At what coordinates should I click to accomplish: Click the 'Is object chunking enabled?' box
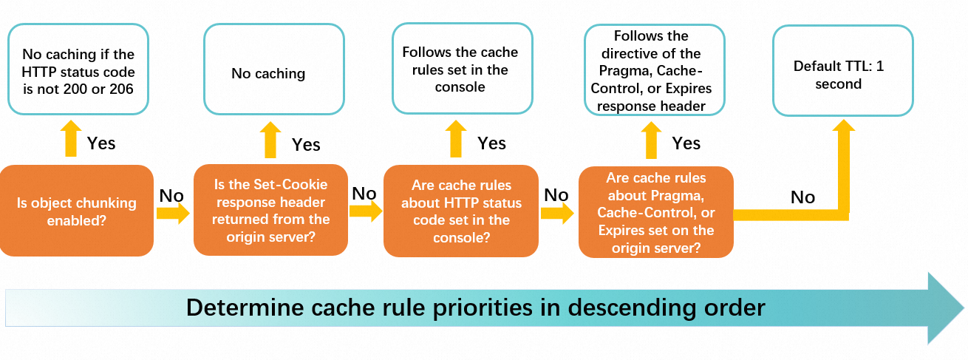pos(77,211)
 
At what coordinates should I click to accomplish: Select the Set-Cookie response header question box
pos(270,210)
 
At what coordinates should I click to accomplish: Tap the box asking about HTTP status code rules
pos(461,211)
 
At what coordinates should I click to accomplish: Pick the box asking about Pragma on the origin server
pos(656,212)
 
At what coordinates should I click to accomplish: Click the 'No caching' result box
pos(274,69)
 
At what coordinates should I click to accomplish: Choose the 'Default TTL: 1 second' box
pos(842,70)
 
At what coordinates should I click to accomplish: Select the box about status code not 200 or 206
pos(78,69)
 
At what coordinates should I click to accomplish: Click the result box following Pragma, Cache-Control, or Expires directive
pos(654,70)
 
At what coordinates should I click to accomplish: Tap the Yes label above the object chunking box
pos(101,143)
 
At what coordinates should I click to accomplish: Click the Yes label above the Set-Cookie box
pos(306,144)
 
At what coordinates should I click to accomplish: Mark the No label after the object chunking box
pos(171,196)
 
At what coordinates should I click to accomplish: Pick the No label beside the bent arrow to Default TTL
pos(802,197)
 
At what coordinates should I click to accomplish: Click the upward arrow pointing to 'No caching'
pos(270,140)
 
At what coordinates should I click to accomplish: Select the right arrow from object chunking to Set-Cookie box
pos(173,213)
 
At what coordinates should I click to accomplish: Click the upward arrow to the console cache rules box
pos(456,139)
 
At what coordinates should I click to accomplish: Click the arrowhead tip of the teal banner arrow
pos(964,308)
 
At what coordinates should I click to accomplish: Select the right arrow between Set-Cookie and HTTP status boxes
pos(366,211)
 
